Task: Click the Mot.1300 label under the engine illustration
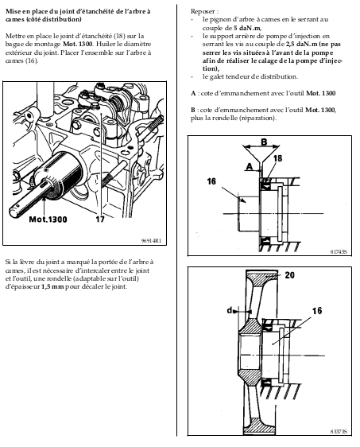click(x=48, y=220)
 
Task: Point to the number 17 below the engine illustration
click(x=99, y=220)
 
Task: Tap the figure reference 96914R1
click(x=151, y=241)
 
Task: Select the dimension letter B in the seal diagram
click(x=264, y=142)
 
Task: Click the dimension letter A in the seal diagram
click(x=250, y=166)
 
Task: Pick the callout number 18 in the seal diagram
click(x=277, y=158)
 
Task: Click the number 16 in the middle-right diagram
click(x=211, y=181)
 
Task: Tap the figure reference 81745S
click(x=339, y=252)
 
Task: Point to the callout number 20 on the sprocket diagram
click(x=289, y=275)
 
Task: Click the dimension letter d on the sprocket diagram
click(x=230, y=310)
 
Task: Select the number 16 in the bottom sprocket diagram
click(x=317, y=311)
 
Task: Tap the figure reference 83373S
click(x=339, y=432)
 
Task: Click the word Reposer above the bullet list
click(x=203, y=11)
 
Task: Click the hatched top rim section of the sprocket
click(x=262, y=277)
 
